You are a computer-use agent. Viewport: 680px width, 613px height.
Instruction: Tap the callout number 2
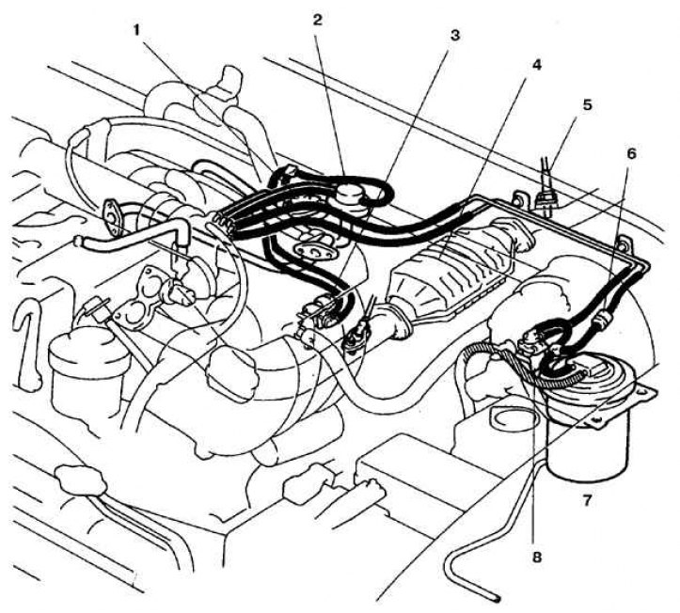pyautogui.click(x=318, y=19)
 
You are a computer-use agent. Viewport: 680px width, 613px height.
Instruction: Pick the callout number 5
pyautogui.click(x=587, y=104)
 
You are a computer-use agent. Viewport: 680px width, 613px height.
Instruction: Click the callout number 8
pyautogui.click(x=536, y=557)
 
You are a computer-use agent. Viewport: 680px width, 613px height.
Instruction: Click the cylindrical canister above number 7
pyautogui.click(x=588, y=432)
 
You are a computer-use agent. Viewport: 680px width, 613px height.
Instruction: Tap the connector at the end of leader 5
pyautogui.click(x=543, y=198)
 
